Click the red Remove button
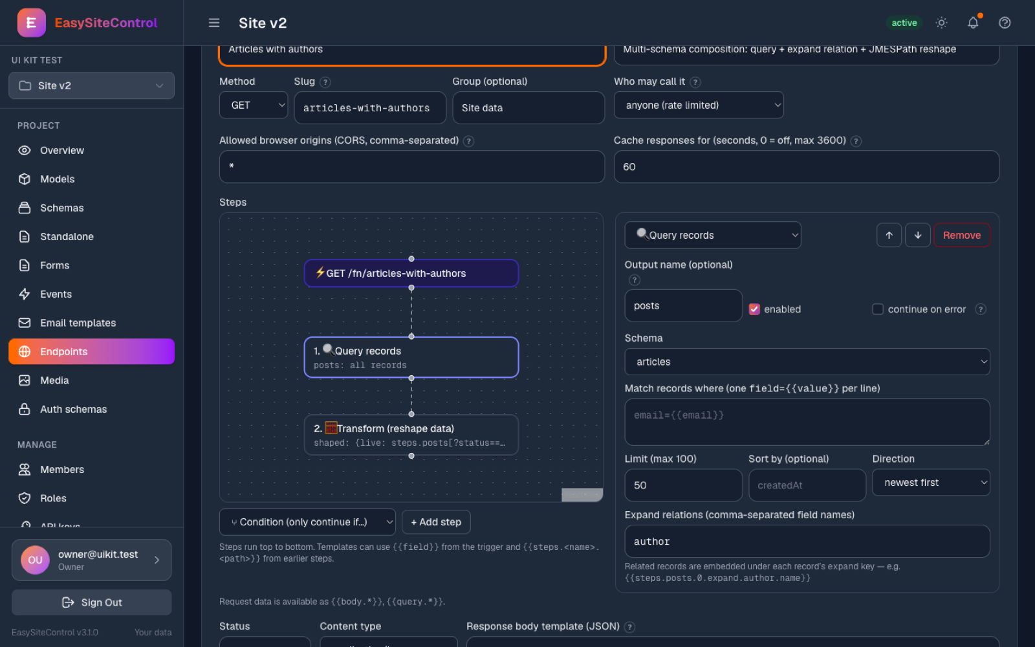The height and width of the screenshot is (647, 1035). (x=961, y=236)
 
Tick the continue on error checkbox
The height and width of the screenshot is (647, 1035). (x=877, y=309)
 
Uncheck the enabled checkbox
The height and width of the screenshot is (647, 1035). (x=754, y=309)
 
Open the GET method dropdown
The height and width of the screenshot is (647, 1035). (x=254, y=105)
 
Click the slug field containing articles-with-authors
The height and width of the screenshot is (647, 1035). (x=370, y=107)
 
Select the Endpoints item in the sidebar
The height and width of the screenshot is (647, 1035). (x=91, y=352)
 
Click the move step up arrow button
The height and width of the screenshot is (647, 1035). (x=889, y=236)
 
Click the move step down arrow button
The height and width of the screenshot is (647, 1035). (x=918, y=236)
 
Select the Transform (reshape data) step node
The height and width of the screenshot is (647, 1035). (x=411, y=435)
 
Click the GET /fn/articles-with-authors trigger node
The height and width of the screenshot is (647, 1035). (x=411, y=273)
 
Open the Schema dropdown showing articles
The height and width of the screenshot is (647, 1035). (x=807, y=362)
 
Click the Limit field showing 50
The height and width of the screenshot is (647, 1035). (x=683, y=485)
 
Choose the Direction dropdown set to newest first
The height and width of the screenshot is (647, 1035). (x=931, y=483)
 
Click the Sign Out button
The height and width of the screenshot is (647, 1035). (x=91, y=602)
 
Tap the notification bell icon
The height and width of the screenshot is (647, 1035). (x=973, y=23)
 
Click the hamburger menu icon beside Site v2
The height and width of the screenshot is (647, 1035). (x=214, y=23)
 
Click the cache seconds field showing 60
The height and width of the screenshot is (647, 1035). (x=806, y=167)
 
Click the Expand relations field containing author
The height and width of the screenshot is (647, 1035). (x=807, y=541)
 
